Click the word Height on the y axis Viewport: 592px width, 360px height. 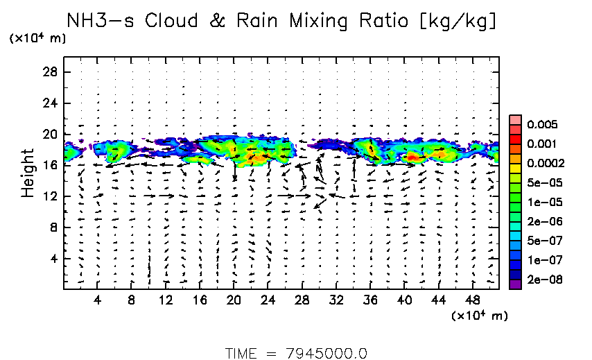(x=28, y=172)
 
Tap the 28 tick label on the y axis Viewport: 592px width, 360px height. (x=50, y=72)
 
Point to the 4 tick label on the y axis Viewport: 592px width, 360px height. (x=53, y=259)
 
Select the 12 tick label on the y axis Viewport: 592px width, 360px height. (x=50, y=196)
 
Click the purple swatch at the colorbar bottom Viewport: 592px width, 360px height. (x=515, y=283)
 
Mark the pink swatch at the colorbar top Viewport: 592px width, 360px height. (x=515, y=120)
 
